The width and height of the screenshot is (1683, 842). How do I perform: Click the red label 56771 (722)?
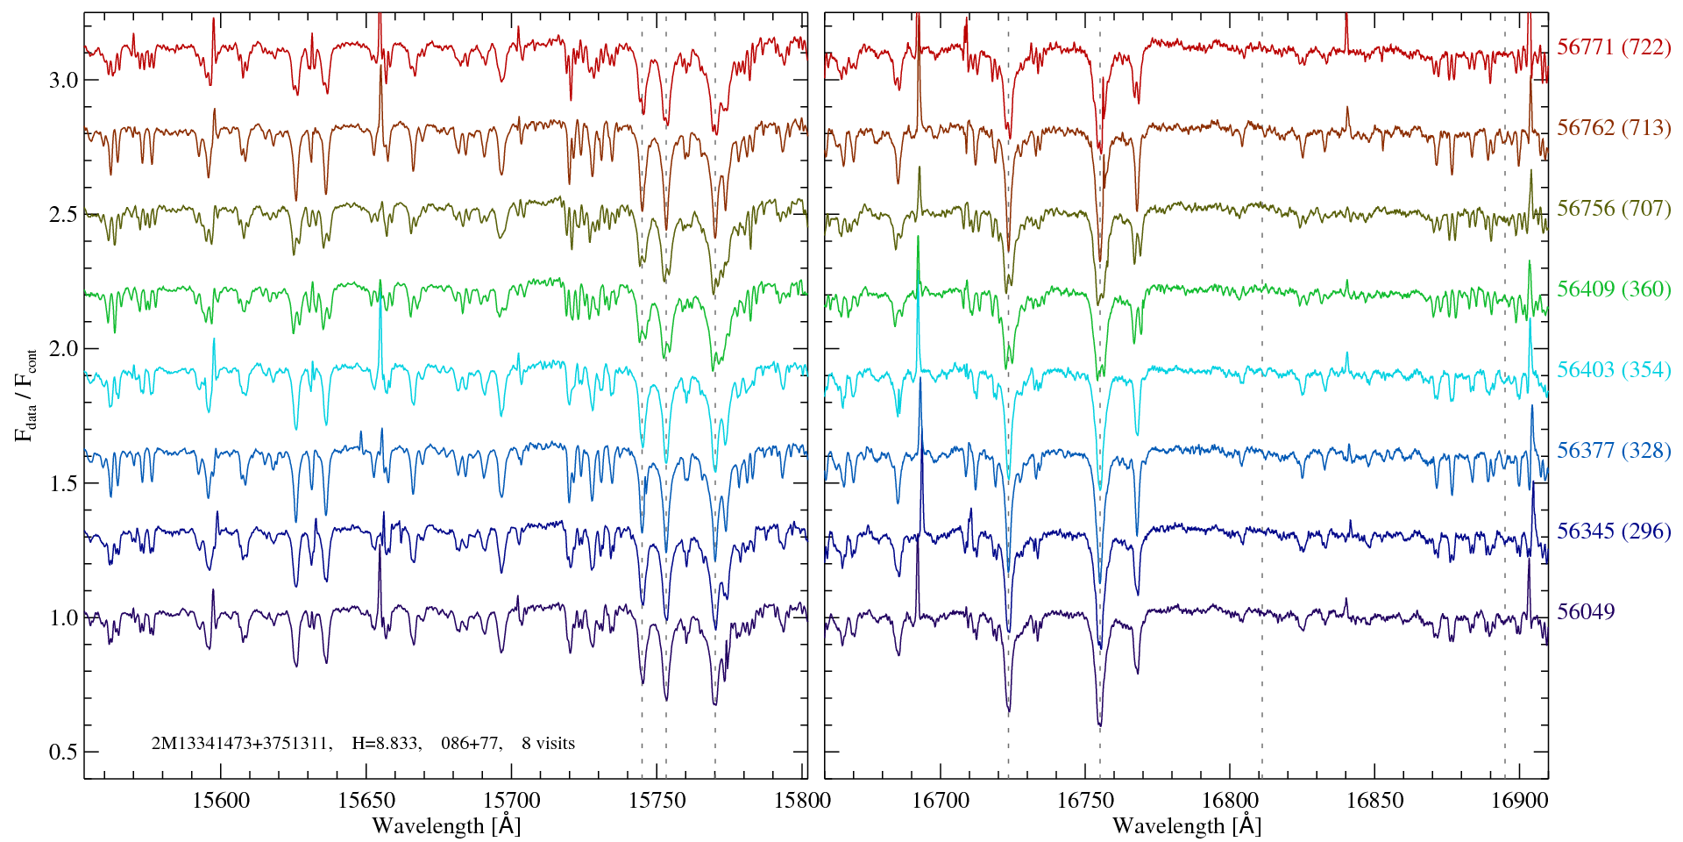pos(1614,47)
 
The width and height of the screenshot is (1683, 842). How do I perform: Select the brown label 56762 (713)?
pos(1614,128)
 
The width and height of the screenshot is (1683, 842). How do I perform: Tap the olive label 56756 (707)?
pos(1614,209)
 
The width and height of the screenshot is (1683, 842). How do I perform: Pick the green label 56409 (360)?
pos(1614,289)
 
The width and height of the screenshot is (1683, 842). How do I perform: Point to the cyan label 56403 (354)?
pos(1614,370)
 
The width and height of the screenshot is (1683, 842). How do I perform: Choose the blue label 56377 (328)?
pos(1614,451)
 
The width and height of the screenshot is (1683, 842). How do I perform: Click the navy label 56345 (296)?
pos(1614,532)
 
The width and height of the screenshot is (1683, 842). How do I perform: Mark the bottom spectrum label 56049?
pos(1586,612)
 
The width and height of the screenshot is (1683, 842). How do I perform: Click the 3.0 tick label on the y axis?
pos(62,81)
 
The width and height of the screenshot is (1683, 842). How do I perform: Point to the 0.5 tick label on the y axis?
pos(62,753)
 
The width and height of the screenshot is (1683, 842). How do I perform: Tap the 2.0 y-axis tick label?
pos(62,349)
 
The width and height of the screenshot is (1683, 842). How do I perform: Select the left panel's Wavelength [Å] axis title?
pos(446,825)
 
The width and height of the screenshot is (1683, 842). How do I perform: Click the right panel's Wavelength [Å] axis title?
pos(1187,825)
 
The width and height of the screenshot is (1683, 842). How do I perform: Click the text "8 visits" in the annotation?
pos(548,744)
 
